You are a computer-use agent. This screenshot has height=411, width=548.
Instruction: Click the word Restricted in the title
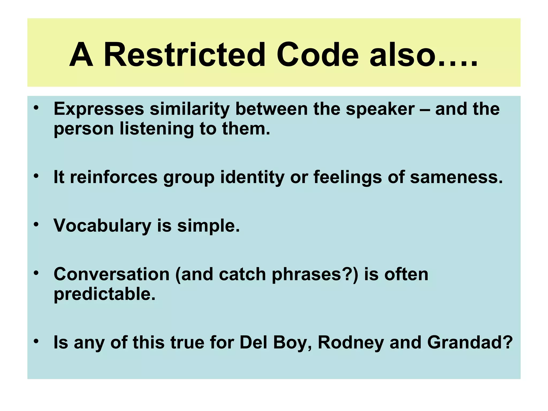click(x=184, y=55)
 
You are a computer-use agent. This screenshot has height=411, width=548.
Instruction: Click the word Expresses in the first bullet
click(x=99, y=109)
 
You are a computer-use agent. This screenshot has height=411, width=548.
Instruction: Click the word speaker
click(x=380, y=109)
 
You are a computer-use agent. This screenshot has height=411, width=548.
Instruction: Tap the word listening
click(x=157, y=129)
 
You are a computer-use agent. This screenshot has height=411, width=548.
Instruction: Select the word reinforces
click(x=113, y=177)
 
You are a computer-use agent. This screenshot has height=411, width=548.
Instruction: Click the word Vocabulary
click(x=102, y=225)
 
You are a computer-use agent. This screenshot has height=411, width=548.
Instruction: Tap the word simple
click(x=208, y=225)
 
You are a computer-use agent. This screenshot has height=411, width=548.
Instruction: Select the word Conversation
click(x=112, y=274)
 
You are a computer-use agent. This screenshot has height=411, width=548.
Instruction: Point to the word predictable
click(x=104, y=294)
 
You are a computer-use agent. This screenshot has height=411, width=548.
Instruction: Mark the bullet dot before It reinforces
click(x=36, y=176)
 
